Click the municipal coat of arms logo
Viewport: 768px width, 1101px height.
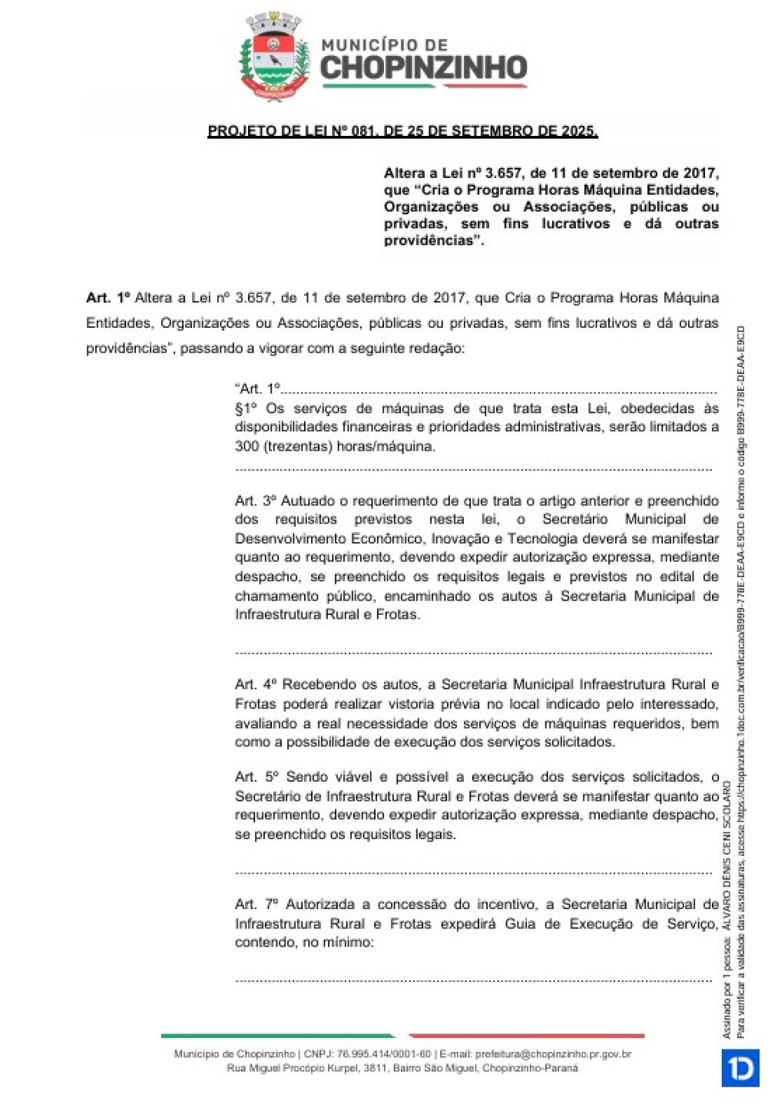[274, 57]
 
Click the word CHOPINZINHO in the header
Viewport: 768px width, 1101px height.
[423, 68]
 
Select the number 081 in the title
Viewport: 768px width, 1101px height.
[361, 131]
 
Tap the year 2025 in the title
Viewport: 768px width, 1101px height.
[578, 131]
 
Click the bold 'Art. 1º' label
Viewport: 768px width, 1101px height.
[108, 298]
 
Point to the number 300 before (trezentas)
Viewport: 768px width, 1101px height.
[247, 446]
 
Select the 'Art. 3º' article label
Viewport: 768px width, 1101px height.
[255, 501]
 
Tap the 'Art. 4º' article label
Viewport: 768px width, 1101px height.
[255, 684]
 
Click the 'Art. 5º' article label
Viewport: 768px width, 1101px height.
[257, 777]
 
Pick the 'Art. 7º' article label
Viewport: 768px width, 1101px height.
[257, 904]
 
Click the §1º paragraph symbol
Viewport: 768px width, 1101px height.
[246, 408]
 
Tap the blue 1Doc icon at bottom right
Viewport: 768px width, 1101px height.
[740, 1068]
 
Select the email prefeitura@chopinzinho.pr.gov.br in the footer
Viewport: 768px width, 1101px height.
[553, 1055]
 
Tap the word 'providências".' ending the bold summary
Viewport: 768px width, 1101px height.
[434, 240]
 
